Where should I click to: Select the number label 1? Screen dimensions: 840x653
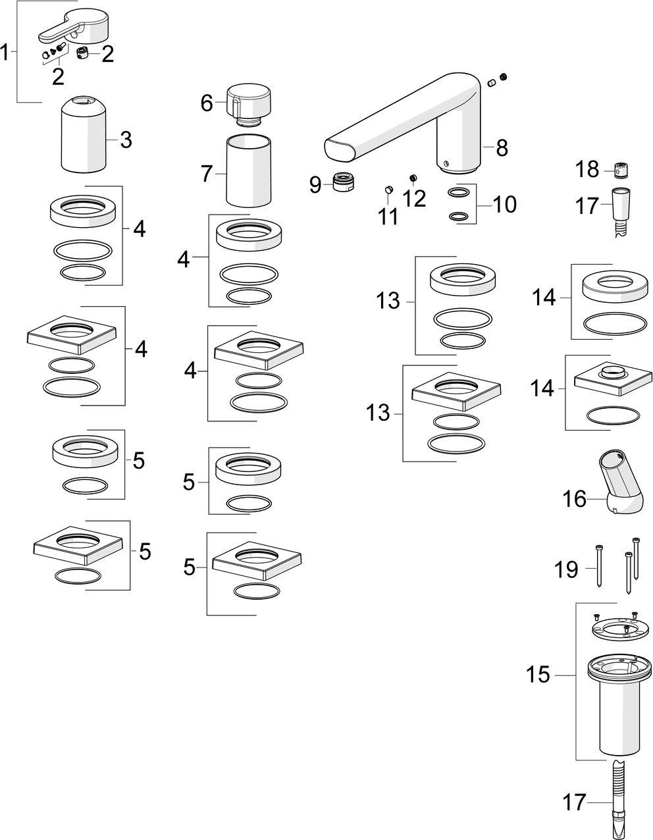[6, 52]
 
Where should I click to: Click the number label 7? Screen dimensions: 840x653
[207, 174]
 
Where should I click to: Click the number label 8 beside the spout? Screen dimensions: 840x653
[502, 148]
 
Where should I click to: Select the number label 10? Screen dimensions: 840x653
[506, 205]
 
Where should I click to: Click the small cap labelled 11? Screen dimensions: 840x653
[388, 191]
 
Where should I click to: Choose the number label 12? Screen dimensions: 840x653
[415, 198]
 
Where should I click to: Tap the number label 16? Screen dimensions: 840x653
[574, 499]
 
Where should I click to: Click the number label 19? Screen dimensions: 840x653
[566, 569]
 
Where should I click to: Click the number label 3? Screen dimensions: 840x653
[126, 140]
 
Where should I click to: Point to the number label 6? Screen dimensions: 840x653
[207, 103]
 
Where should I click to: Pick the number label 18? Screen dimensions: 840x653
[587, 170]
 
